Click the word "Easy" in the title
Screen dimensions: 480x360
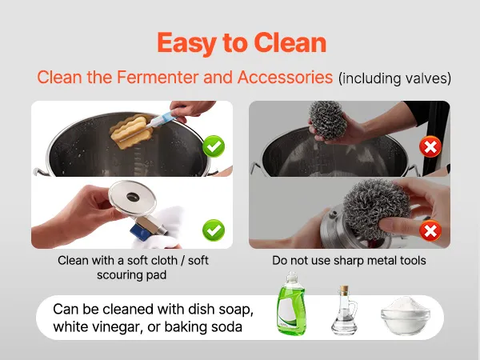point(187,44)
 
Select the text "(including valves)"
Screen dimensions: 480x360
point(394,78)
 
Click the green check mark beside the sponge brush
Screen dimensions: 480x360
point(214,146)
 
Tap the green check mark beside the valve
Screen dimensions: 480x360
point(214,230)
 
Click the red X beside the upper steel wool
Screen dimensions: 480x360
point(430,146)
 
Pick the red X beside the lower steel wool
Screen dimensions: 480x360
point(430,230)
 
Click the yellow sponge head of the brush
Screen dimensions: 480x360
point(132,131)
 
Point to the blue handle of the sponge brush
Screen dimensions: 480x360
point(162,120)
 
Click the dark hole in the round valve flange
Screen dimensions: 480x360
point(133,197)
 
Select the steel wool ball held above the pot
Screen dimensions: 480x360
point(328,120)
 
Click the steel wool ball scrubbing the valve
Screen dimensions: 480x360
point(376,209)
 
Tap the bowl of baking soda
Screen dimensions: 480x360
point(406,316)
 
